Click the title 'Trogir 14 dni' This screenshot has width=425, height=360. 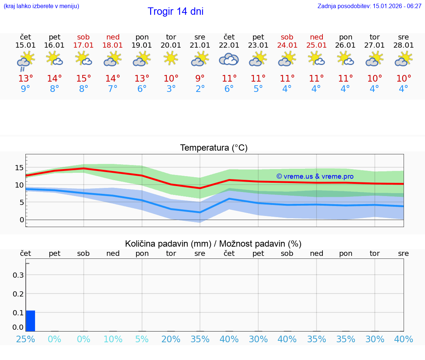pyautogui.click(x=176, y=11)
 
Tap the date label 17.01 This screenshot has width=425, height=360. pyautogui.click(x=84, y=45)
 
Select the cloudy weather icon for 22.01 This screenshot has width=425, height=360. pyautogui.click(x=229, y=59)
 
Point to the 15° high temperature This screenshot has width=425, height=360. pyautogui.click(x=84, y=79)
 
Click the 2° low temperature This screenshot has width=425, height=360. pyautogui.click(x=200, y=89)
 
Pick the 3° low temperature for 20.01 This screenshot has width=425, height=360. pyautogui.click(x=171, y=89)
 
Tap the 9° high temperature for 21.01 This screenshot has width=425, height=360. pyautogui.click(x=200, y=79)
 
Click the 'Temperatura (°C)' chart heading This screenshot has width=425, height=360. pyautogui.click(x=214, y=148)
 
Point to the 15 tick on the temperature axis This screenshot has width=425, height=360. pyautogui.click(x=19, y=168)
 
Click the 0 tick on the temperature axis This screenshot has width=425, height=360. pyautogui.click(x=21, y=220)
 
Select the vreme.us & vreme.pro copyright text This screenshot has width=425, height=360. pyautogui.click(x=315, y=176)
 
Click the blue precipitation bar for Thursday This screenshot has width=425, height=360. pyautogui.click(x=31, y=321)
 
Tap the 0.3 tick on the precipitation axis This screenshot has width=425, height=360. pyautogui.click(x=19, y=275)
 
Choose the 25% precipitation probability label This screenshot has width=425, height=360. pyautogui.click(x=25, y=339)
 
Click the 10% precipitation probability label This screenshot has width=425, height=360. pyautogui.click(x=113, y=339)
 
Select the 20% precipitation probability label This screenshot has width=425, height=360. pyautogui.click(x=171, y=339)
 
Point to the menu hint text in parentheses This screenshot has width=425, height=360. pyautogui.click(x=41, y=6)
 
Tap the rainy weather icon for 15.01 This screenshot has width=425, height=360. pyautogui.click(x=25, y=61)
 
